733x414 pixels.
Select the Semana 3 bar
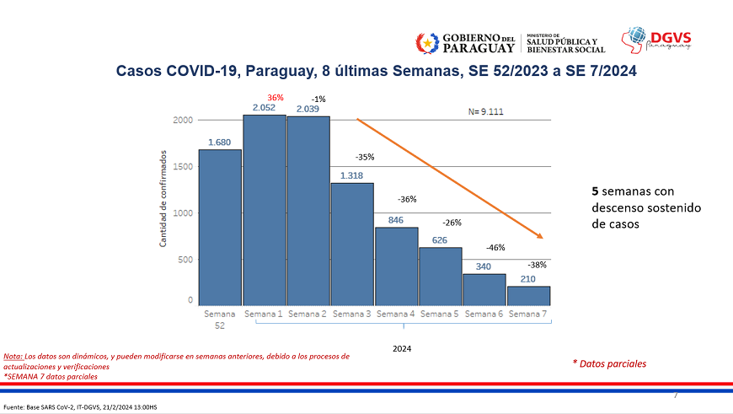pos(352,244)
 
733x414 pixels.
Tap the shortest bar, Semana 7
pos(528,295)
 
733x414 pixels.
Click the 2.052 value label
pos(265,108)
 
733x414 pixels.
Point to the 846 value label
pos(396,219)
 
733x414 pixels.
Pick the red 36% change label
pos(276,97)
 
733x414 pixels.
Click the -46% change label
pos(495,248)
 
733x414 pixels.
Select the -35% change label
pos(365,157)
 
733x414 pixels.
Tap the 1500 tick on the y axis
pos(183,166)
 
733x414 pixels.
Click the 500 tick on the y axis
pos(185,260)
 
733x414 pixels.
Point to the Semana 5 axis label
pos(440,315)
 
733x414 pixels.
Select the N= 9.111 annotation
pos(486,111)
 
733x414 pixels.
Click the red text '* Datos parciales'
pos(609,363)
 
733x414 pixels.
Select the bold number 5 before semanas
pos(595,191)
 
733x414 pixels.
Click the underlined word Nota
pos(13,356)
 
